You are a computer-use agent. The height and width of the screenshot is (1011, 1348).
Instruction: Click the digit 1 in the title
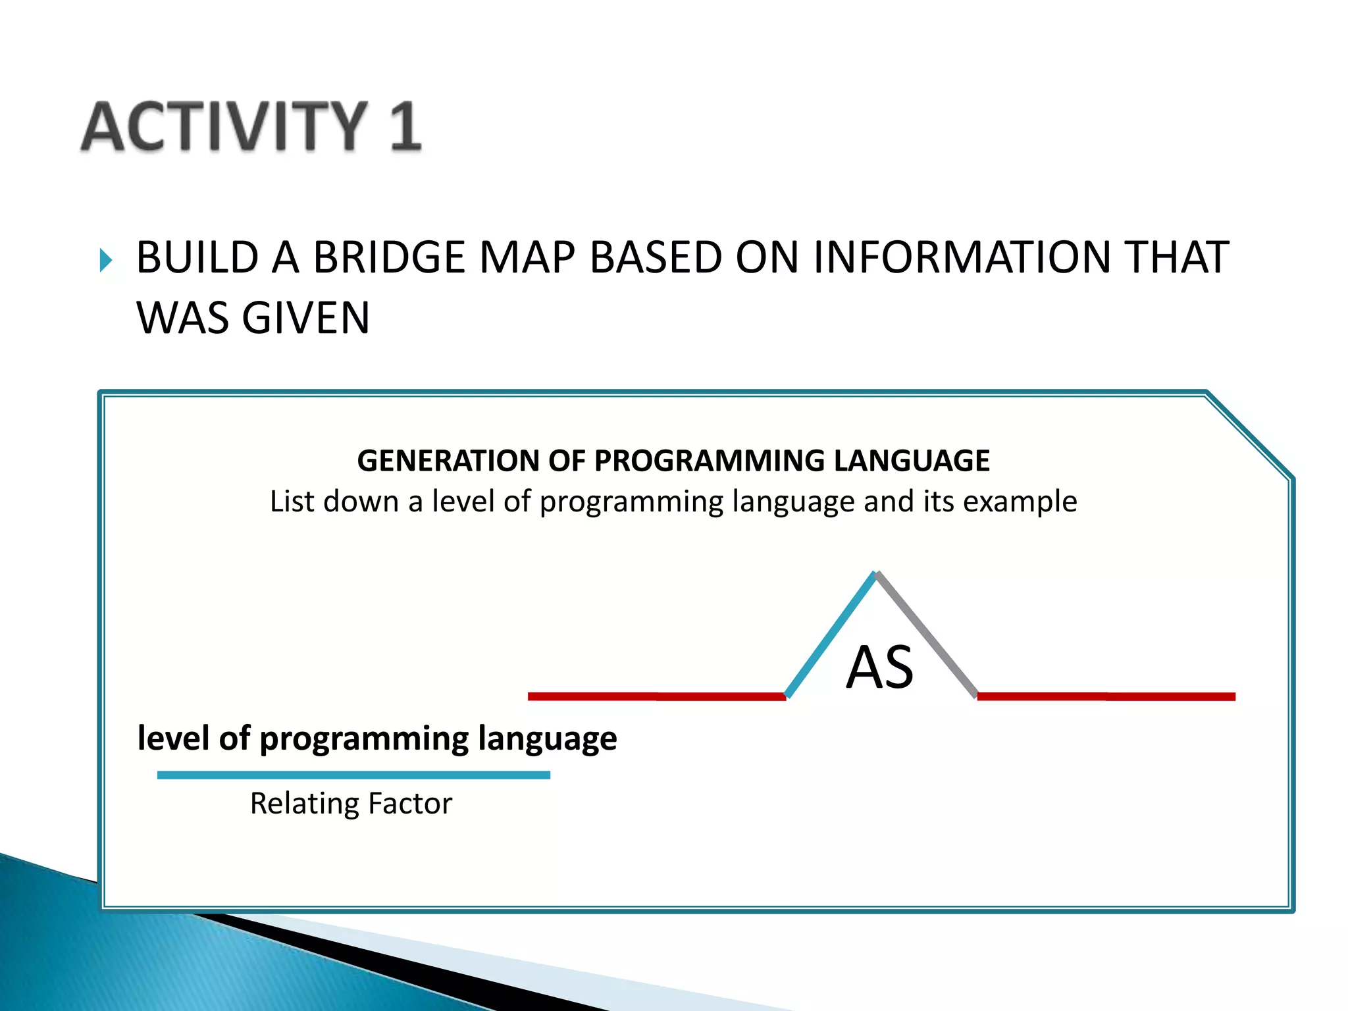403,126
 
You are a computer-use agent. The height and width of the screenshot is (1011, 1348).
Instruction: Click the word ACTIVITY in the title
224,126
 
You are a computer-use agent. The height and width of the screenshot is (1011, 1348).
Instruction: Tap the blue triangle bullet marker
106,260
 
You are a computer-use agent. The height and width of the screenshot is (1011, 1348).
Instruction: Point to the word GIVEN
305,318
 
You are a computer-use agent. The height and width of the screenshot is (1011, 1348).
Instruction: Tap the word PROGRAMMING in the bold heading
709,461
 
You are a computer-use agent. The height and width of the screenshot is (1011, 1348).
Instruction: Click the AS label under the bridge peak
879,667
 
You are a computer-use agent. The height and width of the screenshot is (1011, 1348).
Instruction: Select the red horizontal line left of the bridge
656,696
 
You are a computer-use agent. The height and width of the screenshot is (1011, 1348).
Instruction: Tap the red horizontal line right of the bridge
1106,696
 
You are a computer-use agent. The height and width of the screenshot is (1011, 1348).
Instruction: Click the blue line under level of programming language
353,775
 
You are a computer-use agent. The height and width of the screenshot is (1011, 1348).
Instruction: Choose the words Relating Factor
351,804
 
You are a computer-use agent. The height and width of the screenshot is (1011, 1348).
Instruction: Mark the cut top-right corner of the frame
1249,434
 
